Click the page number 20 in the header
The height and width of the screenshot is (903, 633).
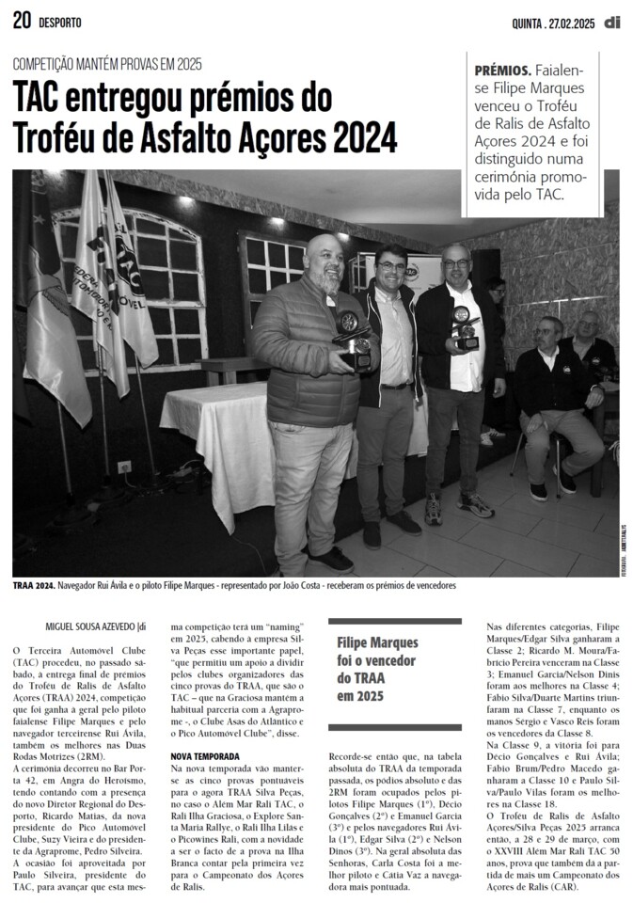22,21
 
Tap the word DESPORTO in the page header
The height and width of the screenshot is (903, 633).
59,22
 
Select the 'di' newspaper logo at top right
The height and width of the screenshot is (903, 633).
612,21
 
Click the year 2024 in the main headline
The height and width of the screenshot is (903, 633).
363,137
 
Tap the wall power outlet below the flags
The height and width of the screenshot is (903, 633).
123,467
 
